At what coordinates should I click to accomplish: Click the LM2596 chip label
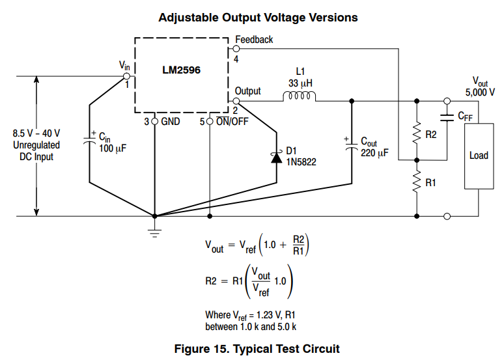[181, 70]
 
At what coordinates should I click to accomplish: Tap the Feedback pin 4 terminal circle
[236, 49]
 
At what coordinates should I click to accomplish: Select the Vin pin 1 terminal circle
[126, 76]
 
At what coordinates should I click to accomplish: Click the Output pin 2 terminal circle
[236, 102]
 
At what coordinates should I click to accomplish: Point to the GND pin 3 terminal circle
[154, 122]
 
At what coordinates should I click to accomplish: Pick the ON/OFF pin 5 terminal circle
[210, 122]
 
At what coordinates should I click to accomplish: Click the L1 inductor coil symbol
[300, 96]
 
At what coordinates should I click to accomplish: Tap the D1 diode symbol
[277, 158]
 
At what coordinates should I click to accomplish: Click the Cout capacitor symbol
[352, 145]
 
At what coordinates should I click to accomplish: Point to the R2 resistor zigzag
[417, 133]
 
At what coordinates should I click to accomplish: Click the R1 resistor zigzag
[417, 182]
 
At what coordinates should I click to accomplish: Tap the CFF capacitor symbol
[447, 117]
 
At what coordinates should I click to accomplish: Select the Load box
[479, 156]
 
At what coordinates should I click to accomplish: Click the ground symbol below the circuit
[154, 233]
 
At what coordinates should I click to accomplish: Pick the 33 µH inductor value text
[300, 83]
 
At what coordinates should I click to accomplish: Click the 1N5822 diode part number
[301, 161]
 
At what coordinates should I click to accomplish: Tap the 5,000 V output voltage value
[480, 92]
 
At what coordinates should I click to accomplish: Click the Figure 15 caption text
[257, 349]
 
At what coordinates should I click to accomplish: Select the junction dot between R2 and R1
[417, 160]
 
